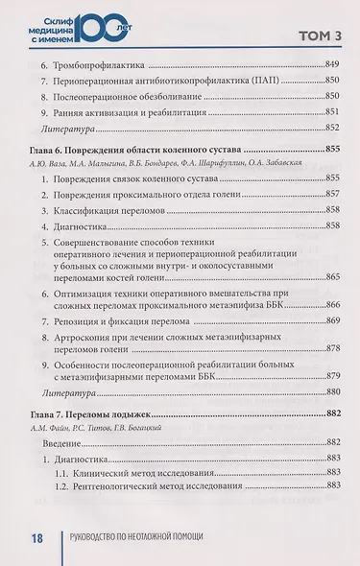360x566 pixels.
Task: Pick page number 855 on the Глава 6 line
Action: (x=332, y=151)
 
